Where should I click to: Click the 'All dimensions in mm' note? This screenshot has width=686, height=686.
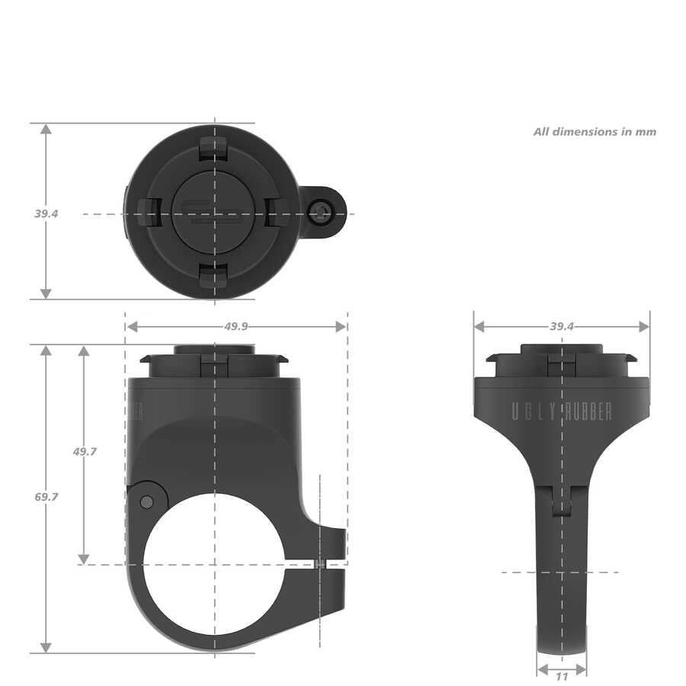point(595,131)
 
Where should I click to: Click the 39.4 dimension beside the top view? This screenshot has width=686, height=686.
point(46,213)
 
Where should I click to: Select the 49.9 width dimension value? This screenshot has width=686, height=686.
point(236,326)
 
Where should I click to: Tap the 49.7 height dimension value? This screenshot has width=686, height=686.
point(85,451)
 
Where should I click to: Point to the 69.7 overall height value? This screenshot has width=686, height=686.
point(46,496)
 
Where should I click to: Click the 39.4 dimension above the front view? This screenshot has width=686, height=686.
point(562,326)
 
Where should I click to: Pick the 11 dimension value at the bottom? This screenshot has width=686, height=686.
point(562,675)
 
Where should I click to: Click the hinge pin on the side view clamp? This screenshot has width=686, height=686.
point(146,501)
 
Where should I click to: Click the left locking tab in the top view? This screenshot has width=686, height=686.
point(148,213)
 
